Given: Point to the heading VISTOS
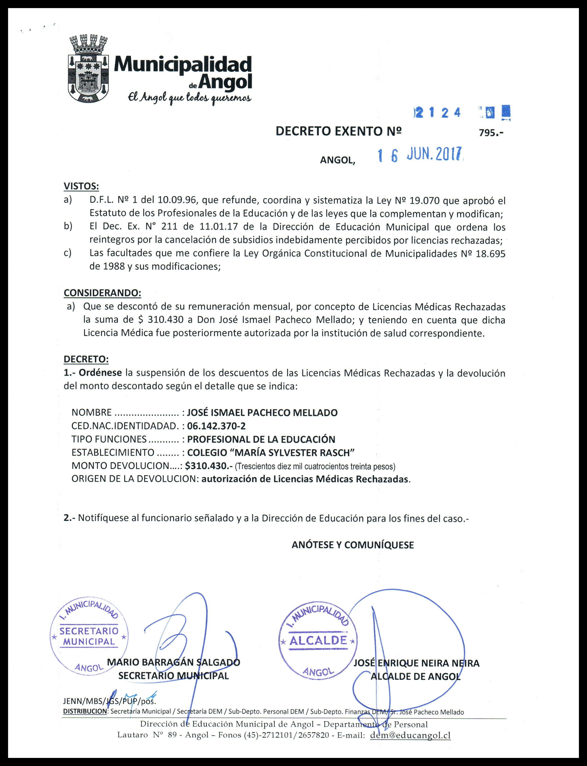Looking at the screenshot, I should click(x=81, y=186).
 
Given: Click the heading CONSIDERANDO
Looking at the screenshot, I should click(x=102, y=293).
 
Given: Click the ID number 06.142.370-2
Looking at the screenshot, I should click(x=216, y=426).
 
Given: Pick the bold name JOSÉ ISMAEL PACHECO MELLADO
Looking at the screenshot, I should click(x=262, y=412).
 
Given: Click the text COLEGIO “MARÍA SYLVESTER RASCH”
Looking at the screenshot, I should click(x=271, y=452).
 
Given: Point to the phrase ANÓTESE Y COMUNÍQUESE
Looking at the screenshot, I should click(x=353, y=545).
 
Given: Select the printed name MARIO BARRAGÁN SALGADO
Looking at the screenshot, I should click(x=174, y=662).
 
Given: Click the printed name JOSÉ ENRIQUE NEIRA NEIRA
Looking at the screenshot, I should click(x=417, y=663).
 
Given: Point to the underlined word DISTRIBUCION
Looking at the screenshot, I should click(x=85, y=711).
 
